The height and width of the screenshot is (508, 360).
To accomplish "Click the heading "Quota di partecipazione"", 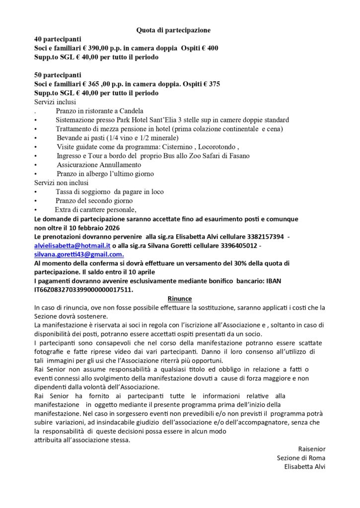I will (x=173, y=30).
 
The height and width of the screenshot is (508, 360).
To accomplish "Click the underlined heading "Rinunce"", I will (x=179, y=299).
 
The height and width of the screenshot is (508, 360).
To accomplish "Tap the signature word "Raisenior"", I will (x=311, y=448).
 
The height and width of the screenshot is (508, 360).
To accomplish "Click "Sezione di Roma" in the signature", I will (x=301, y=457).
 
